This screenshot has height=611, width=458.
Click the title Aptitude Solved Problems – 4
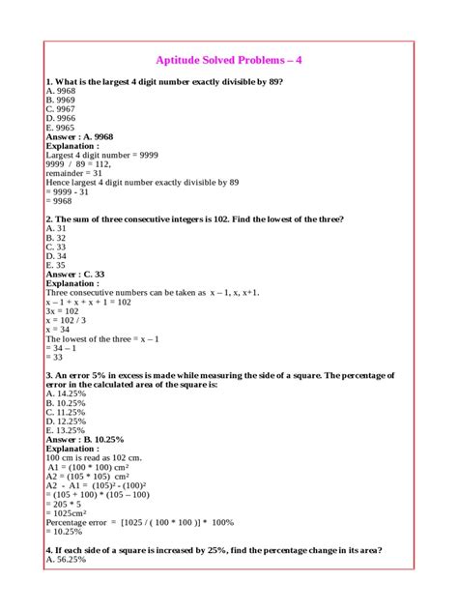[x=229, y=60]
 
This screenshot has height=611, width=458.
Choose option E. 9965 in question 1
[x=60, y=128]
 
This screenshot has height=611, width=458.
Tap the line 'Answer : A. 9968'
[x=85, y=137]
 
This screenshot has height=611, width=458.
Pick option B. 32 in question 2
[x=56, y=238]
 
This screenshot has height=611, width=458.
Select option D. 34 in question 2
[x=56, y=256]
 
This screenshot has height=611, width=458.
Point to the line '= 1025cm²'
[x=67, y=512]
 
